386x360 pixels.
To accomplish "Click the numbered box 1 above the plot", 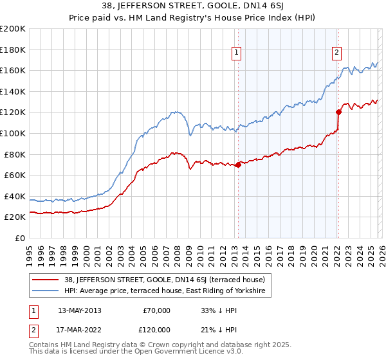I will [237, 53].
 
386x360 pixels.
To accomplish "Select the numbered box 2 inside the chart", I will [336, 53].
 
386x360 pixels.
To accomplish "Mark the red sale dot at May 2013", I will [238, 165].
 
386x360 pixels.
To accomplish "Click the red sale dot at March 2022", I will [338, 113].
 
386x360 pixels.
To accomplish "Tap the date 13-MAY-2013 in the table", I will [79, 310].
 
